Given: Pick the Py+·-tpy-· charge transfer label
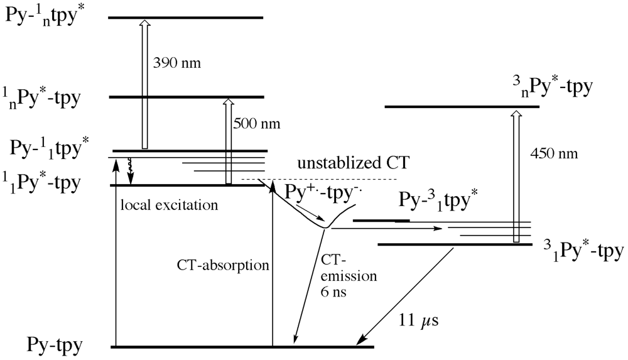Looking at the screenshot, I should tap(315, 191).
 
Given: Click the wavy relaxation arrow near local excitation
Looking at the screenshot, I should tap(131, 170).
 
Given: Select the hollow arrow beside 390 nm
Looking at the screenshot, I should tap(144, 84).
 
